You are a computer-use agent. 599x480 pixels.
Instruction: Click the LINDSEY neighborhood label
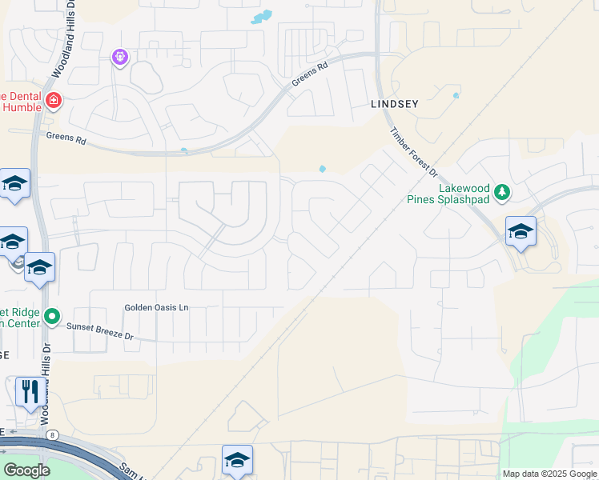[395, 104]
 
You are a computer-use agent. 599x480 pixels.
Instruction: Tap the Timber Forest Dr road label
[414, 152]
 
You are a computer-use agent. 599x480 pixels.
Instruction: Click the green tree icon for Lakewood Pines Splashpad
[502, 192]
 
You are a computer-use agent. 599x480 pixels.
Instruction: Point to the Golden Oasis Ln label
[156, 307]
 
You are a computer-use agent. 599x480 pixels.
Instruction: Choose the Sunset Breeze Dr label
[99, 330]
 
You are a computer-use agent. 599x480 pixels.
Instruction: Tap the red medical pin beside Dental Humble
[54, 101]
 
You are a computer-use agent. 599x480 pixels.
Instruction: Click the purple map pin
[120, 57]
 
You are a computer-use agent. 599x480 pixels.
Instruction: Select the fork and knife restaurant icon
[30, 391]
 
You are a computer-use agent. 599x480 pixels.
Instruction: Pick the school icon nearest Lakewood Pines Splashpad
[521, 232]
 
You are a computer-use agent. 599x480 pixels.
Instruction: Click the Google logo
[26, 470]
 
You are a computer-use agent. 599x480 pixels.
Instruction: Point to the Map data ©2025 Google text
[549, 474]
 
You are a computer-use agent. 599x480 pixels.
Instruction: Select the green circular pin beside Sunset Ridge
[52, 318]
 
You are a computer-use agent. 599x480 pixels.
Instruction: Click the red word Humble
[22, 109]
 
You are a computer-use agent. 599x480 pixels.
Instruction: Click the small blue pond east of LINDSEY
[456, 95]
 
